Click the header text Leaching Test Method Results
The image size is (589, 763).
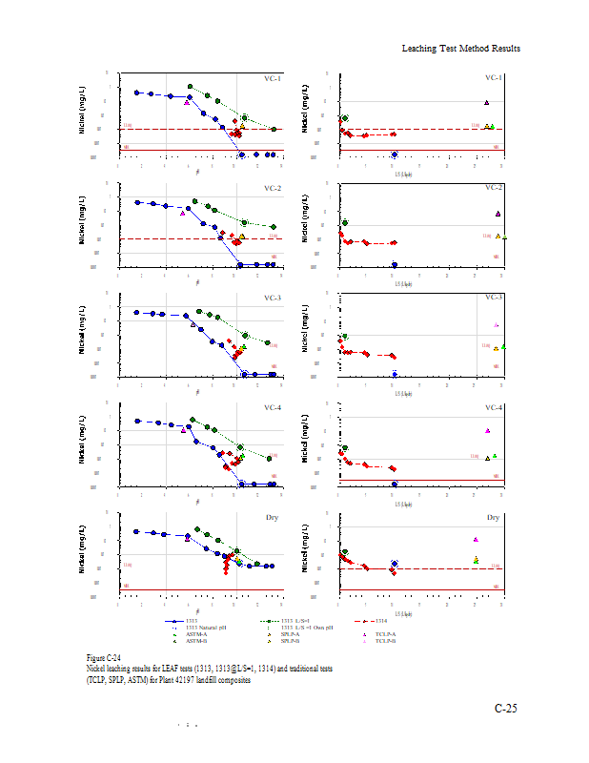click(x=461, y=48)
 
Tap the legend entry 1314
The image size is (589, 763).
click(x=390, y=621)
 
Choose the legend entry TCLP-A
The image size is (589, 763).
click(x=385, y=633)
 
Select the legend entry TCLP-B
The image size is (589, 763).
click(x=385, y=641)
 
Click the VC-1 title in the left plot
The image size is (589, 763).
click(x=273, y=78)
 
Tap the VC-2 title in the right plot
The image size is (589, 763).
click(x=494, y=188)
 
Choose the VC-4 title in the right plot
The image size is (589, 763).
click(x=494, y=408)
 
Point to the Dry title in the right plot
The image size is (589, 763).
click(x=494, y=518)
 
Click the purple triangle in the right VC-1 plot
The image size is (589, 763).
click(x=486, y=102)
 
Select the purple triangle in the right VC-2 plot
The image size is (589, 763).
click(x=498, y=214)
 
